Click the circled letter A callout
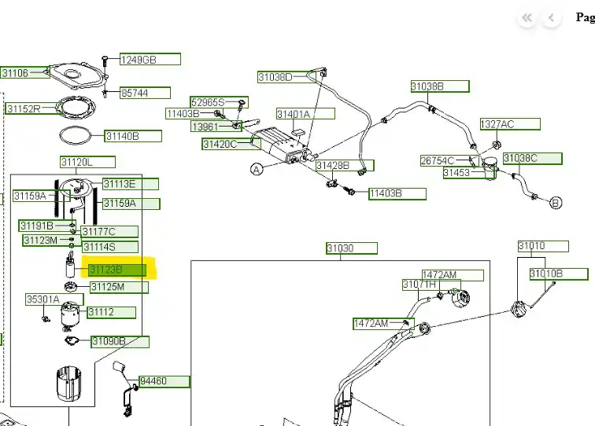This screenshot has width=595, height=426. [x=257, y=169]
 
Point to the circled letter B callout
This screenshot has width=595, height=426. [x=556, y=203]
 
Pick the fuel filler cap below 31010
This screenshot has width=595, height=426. [x=518, y=309]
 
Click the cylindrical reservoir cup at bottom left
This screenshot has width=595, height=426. [x=68, y=384]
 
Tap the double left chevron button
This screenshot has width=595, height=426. [x=527, y=18]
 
